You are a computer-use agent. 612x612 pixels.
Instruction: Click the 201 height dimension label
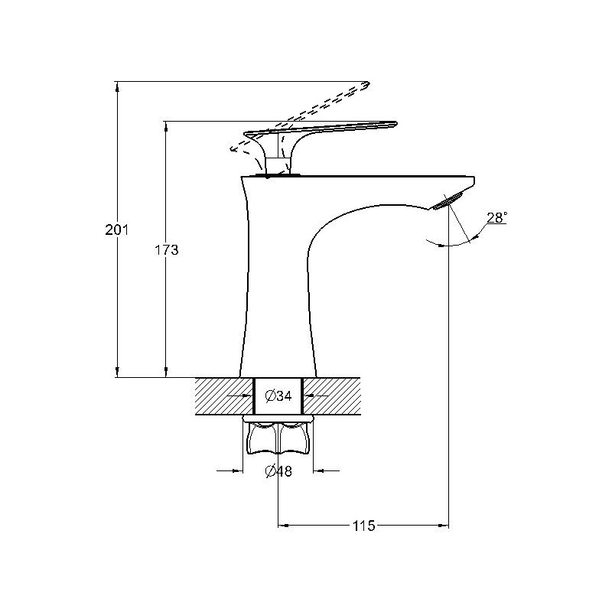tap(116, 229)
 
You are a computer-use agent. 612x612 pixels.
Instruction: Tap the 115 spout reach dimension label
tap(363, 526)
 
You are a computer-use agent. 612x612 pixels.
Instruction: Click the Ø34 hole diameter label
tap(278, 396)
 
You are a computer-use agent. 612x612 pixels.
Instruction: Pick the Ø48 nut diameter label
tap(278, 471)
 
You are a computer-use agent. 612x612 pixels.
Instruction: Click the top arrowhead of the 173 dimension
tap(166, 125)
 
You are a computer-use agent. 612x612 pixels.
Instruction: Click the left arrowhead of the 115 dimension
tap(282, 526)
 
